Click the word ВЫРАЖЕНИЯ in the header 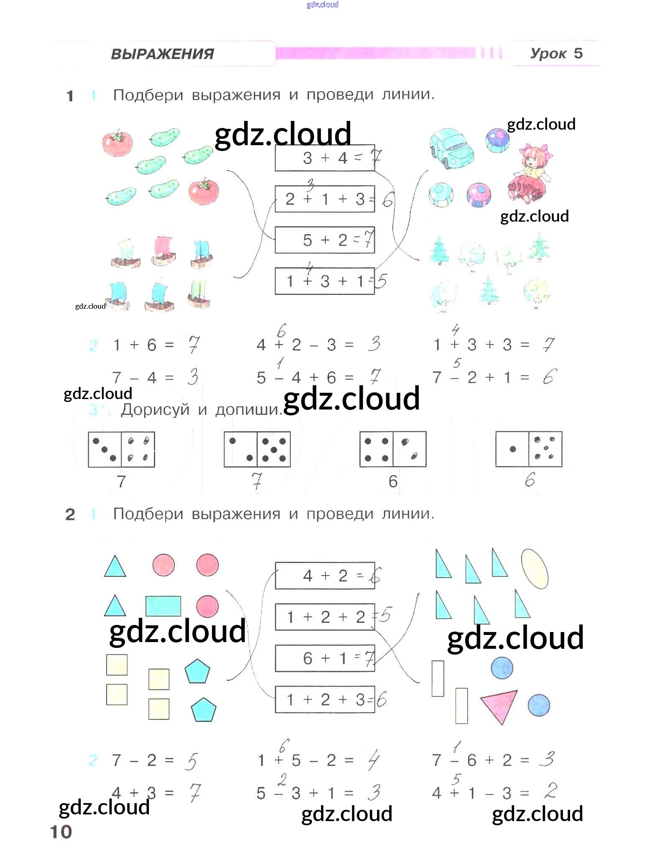click(x=162, y=54)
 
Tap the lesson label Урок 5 click(x=556, y=54)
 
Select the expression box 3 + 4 click(x=325, y=158)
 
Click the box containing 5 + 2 click(x=325, y=240)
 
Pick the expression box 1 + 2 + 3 click(x=325, y=699)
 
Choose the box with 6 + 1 click(x=325, y=658)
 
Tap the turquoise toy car click(x=452, y=147)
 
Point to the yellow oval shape click(x=535, y=569)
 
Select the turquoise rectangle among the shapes click(x=163, y=606)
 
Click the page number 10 click(x=61, y=832)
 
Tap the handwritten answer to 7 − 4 click(x=192, y=377)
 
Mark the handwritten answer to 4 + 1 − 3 click(x=551, y=791)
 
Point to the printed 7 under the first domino click(x=121, y=481)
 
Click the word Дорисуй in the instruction click(x=155, y=410)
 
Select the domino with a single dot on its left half click(x=529, y=449)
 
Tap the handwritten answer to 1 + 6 click(x=193, y=344)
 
